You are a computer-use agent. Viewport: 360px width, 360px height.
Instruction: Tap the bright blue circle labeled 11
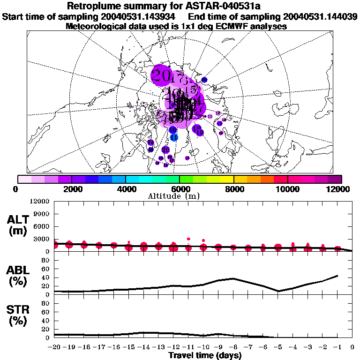[x=174, y=137]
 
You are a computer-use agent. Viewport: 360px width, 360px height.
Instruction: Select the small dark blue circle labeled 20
[x=204, y=80]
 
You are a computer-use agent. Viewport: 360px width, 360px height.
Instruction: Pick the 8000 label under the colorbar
[x=233, y=189]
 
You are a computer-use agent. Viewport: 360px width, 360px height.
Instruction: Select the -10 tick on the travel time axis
[x=203, y=347]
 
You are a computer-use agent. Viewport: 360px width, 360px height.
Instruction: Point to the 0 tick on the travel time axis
[x=352, y=347]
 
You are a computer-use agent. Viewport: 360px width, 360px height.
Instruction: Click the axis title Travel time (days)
[x=205, y=356]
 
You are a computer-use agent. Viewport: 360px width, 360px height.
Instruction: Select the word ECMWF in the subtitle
[x=220, y=26]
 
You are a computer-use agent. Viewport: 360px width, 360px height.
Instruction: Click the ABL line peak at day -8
[x=233, y=278]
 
